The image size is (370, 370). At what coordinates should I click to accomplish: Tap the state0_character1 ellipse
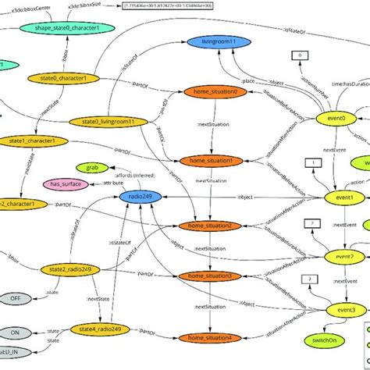[x=68, y=79]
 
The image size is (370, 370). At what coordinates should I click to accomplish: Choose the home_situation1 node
[x=214, y=161]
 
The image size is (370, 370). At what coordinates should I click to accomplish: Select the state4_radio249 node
[x=94, y=329]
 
